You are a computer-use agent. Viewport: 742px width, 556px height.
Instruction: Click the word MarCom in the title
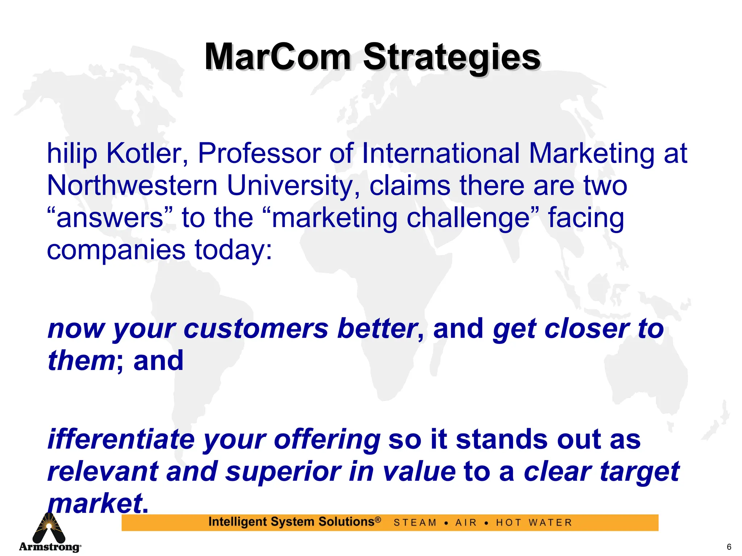278,57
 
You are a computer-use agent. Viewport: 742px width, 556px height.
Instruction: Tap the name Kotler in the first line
147,153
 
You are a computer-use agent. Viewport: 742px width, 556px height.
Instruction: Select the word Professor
259,153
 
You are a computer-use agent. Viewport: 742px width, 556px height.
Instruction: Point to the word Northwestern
132,186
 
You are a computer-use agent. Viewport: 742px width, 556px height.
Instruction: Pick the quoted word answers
110,218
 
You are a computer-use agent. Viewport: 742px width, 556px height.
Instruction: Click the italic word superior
283,472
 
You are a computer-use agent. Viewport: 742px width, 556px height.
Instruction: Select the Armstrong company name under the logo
50,547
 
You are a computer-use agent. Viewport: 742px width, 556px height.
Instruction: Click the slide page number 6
729,547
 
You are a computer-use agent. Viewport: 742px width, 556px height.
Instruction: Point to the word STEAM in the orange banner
415,523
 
